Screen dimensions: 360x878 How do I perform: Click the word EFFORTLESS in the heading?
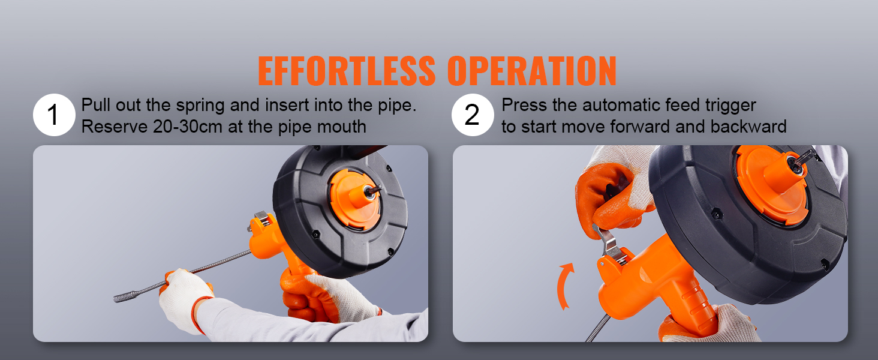tap(347, 71)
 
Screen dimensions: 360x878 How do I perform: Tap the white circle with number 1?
tap(53, 116)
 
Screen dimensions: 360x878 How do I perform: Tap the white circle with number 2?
tap(473, 116)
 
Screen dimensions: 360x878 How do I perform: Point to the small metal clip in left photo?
tap(261, 216)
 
